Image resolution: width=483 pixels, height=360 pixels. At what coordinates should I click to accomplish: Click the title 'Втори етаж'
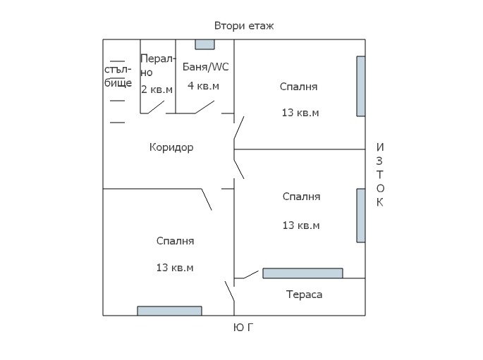coord(244,26)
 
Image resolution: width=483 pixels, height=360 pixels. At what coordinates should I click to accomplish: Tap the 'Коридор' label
coord(171,147)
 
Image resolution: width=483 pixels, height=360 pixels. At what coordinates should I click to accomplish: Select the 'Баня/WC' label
coord(205,67)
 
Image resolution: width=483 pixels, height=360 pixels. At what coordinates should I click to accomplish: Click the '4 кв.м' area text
coord(203,86)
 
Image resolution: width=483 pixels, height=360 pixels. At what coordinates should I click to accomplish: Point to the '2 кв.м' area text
coord(157,89)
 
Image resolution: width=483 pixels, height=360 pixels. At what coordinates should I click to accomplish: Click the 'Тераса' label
coord(304,294)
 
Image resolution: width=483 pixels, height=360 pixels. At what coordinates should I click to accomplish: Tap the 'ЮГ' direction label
coord(243,328)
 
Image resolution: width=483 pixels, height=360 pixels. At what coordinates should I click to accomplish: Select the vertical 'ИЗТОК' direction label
coord(380,175)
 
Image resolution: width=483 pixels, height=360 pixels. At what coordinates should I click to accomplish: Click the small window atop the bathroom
coord(204,44)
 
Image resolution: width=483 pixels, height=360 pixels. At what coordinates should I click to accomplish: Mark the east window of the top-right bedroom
coord(361,86)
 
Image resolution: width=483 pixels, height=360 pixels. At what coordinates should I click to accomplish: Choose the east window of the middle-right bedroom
coord(361,215)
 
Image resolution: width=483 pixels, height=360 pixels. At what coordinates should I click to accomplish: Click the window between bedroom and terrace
coord(302,273)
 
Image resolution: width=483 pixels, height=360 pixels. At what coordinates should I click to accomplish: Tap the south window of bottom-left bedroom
coord(169,311)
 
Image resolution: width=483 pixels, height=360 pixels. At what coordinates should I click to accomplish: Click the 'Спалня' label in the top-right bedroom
coord(298,87)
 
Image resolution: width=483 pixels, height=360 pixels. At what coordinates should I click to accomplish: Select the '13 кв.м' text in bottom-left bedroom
coord(175,268)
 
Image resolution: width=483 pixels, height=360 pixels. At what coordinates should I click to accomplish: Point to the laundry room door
coord(155,107)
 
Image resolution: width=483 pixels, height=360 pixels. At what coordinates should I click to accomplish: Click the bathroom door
coord(204,106)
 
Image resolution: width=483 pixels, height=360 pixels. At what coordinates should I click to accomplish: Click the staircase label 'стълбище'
coord(118,76)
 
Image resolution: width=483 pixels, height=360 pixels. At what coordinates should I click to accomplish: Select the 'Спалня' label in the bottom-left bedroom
coord(175,241)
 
